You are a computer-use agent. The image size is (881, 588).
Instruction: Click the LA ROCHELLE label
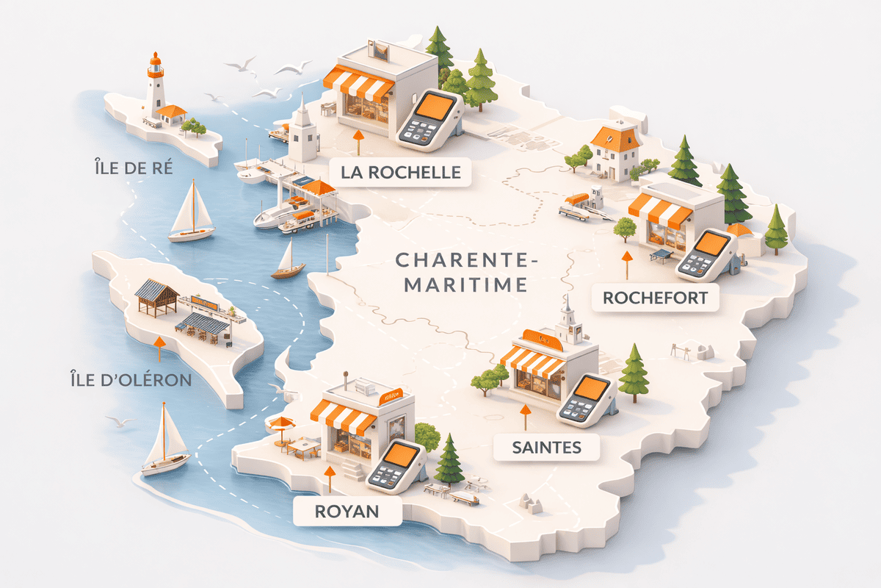[401, 173]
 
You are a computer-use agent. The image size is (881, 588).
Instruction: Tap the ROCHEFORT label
[655, 298]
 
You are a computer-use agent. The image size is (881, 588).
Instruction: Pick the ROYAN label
[347, 511]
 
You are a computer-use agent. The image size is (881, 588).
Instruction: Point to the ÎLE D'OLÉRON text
[128, 380]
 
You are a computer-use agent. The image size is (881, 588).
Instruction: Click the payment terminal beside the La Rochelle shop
[429, 118]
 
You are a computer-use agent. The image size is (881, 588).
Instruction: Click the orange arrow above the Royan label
[330, 478]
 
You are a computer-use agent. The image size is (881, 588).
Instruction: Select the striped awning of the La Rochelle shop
[358, 82]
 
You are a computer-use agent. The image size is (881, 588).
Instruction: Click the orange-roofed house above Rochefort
[615, 151]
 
